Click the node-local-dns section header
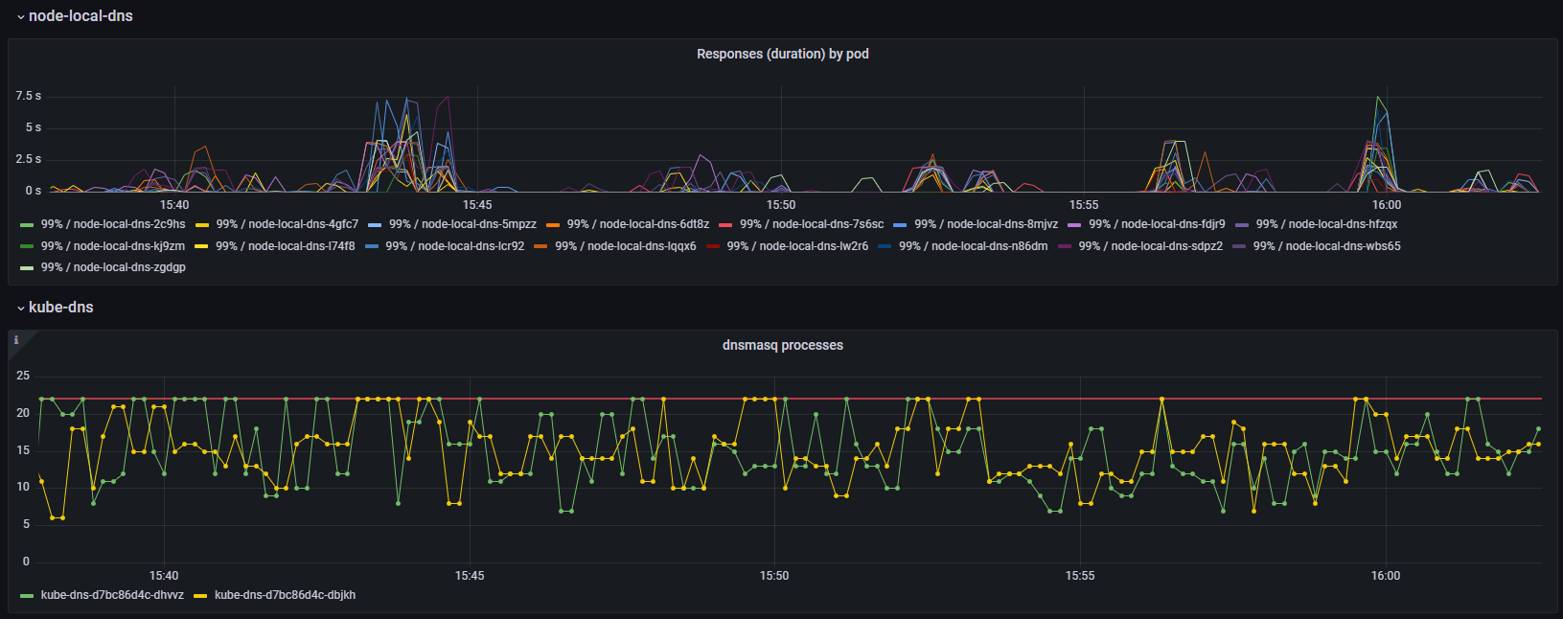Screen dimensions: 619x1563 tap(80, 16)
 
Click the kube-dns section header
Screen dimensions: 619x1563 tap(60, 308)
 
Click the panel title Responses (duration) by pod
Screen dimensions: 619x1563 tap(782, 54)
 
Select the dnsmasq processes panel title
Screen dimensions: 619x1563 tap(782, 345)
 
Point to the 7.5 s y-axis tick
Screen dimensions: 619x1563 tap(28, 96)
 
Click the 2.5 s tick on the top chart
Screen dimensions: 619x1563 tap(28, 159)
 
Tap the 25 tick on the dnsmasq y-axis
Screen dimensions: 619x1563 tap(23, 376)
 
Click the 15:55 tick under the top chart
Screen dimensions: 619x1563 tap(1084, 205)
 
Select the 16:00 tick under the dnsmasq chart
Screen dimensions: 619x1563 tap(1385, 576)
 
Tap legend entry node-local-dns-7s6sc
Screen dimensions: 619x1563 tap(811, 224)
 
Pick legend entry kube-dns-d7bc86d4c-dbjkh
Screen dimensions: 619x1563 tap(285, 595)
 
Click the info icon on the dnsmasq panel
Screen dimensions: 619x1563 tap(16, 340)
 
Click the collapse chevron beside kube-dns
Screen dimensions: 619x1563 tap(20, 309)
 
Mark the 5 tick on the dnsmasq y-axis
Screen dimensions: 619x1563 tap(26, 524)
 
